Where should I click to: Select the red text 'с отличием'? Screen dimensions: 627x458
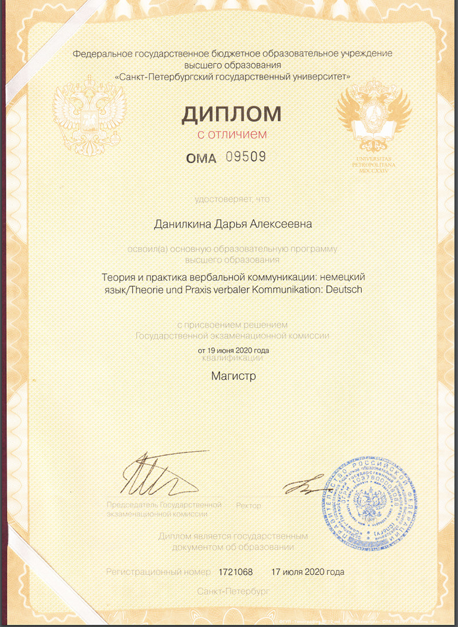pyautogui.click(x=232, y=136)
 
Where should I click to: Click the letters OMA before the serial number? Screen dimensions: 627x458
pyautogui.click(x=202, y=158)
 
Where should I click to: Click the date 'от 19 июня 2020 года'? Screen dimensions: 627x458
pyautogui.click(x=233, y=350)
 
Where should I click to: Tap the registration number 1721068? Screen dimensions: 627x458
pyautogui.click(x=235, y=572)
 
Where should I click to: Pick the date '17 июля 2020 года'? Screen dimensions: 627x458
pyautogui.click(x=308, y=572)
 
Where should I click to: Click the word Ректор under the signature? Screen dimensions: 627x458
pyautogui.click(x=248, y=506)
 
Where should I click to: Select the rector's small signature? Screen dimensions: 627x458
pyautogui.click(x=303, y=486)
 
